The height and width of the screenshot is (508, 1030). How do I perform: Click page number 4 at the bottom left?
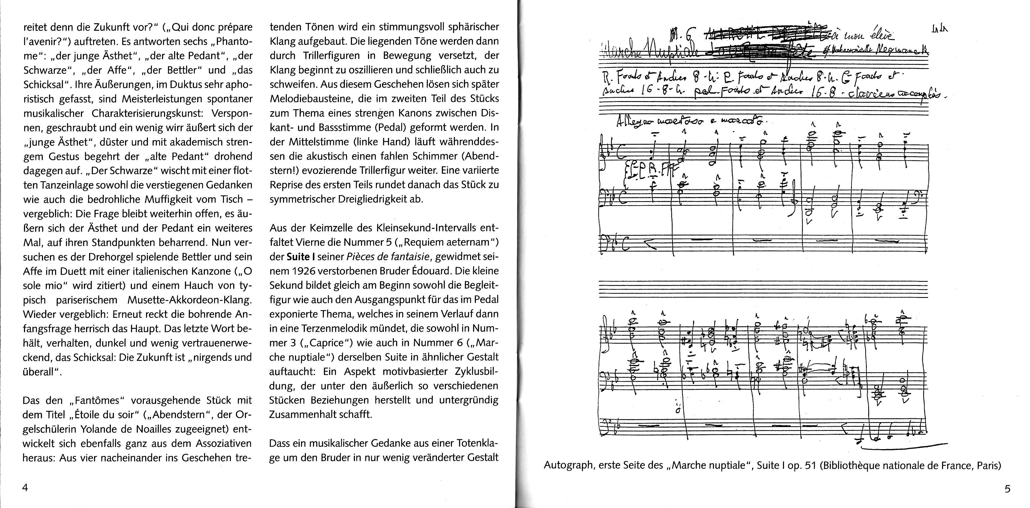[x=25, y=488]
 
